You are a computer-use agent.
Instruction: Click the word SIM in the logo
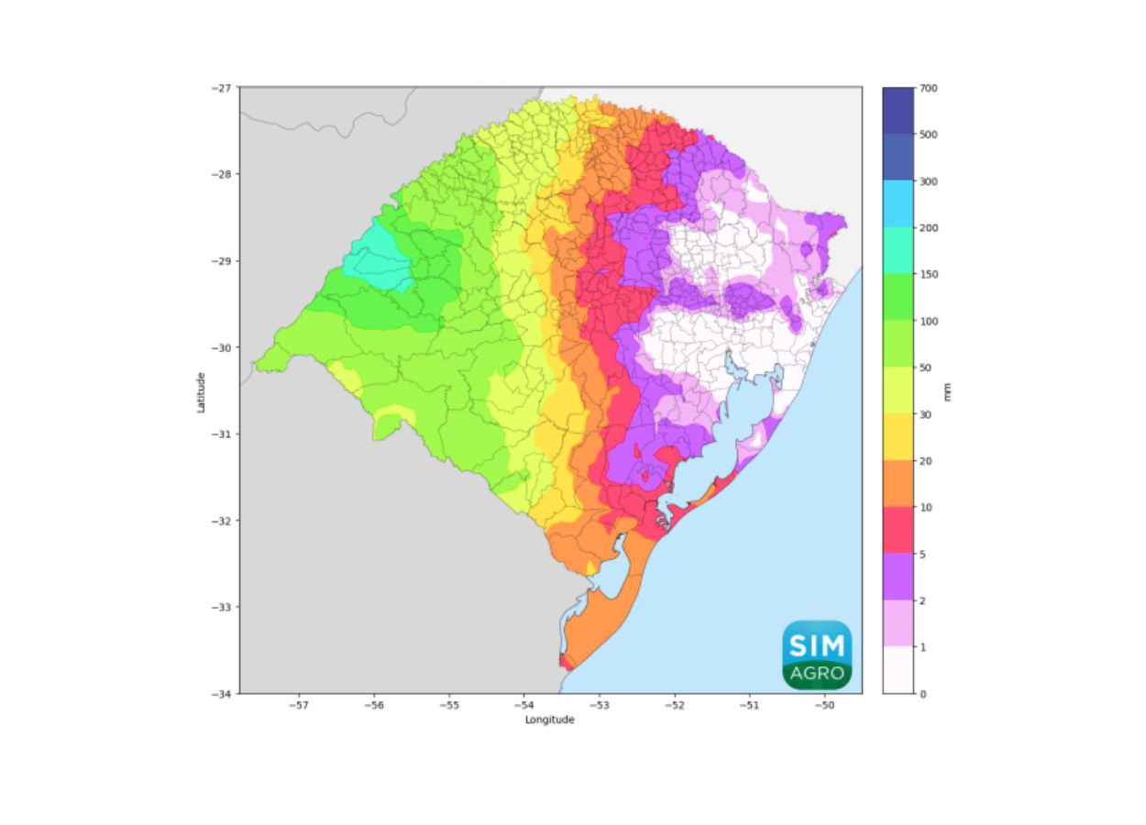click(817, 643)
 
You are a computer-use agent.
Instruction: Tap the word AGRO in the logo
click(817, 673)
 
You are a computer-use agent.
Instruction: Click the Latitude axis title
click(201, 391)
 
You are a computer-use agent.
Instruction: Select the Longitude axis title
click(550, 720)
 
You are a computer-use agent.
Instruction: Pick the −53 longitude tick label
click(599, 706)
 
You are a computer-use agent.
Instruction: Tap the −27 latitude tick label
click(223, 88)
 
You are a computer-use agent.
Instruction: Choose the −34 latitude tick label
click(223, 694)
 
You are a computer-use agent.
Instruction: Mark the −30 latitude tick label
click(223, 347)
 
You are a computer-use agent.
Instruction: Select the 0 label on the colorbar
click(923, 694)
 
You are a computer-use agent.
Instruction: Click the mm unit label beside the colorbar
click(948, 391)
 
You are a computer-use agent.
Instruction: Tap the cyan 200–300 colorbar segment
click(898, 203)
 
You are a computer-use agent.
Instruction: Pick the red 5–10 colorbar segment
click(898, 530)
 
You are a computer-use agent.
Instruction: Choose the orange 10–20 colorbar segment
click(898, 483)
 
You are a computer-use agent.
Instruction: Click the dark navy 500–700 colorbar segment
click(898, 110)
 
